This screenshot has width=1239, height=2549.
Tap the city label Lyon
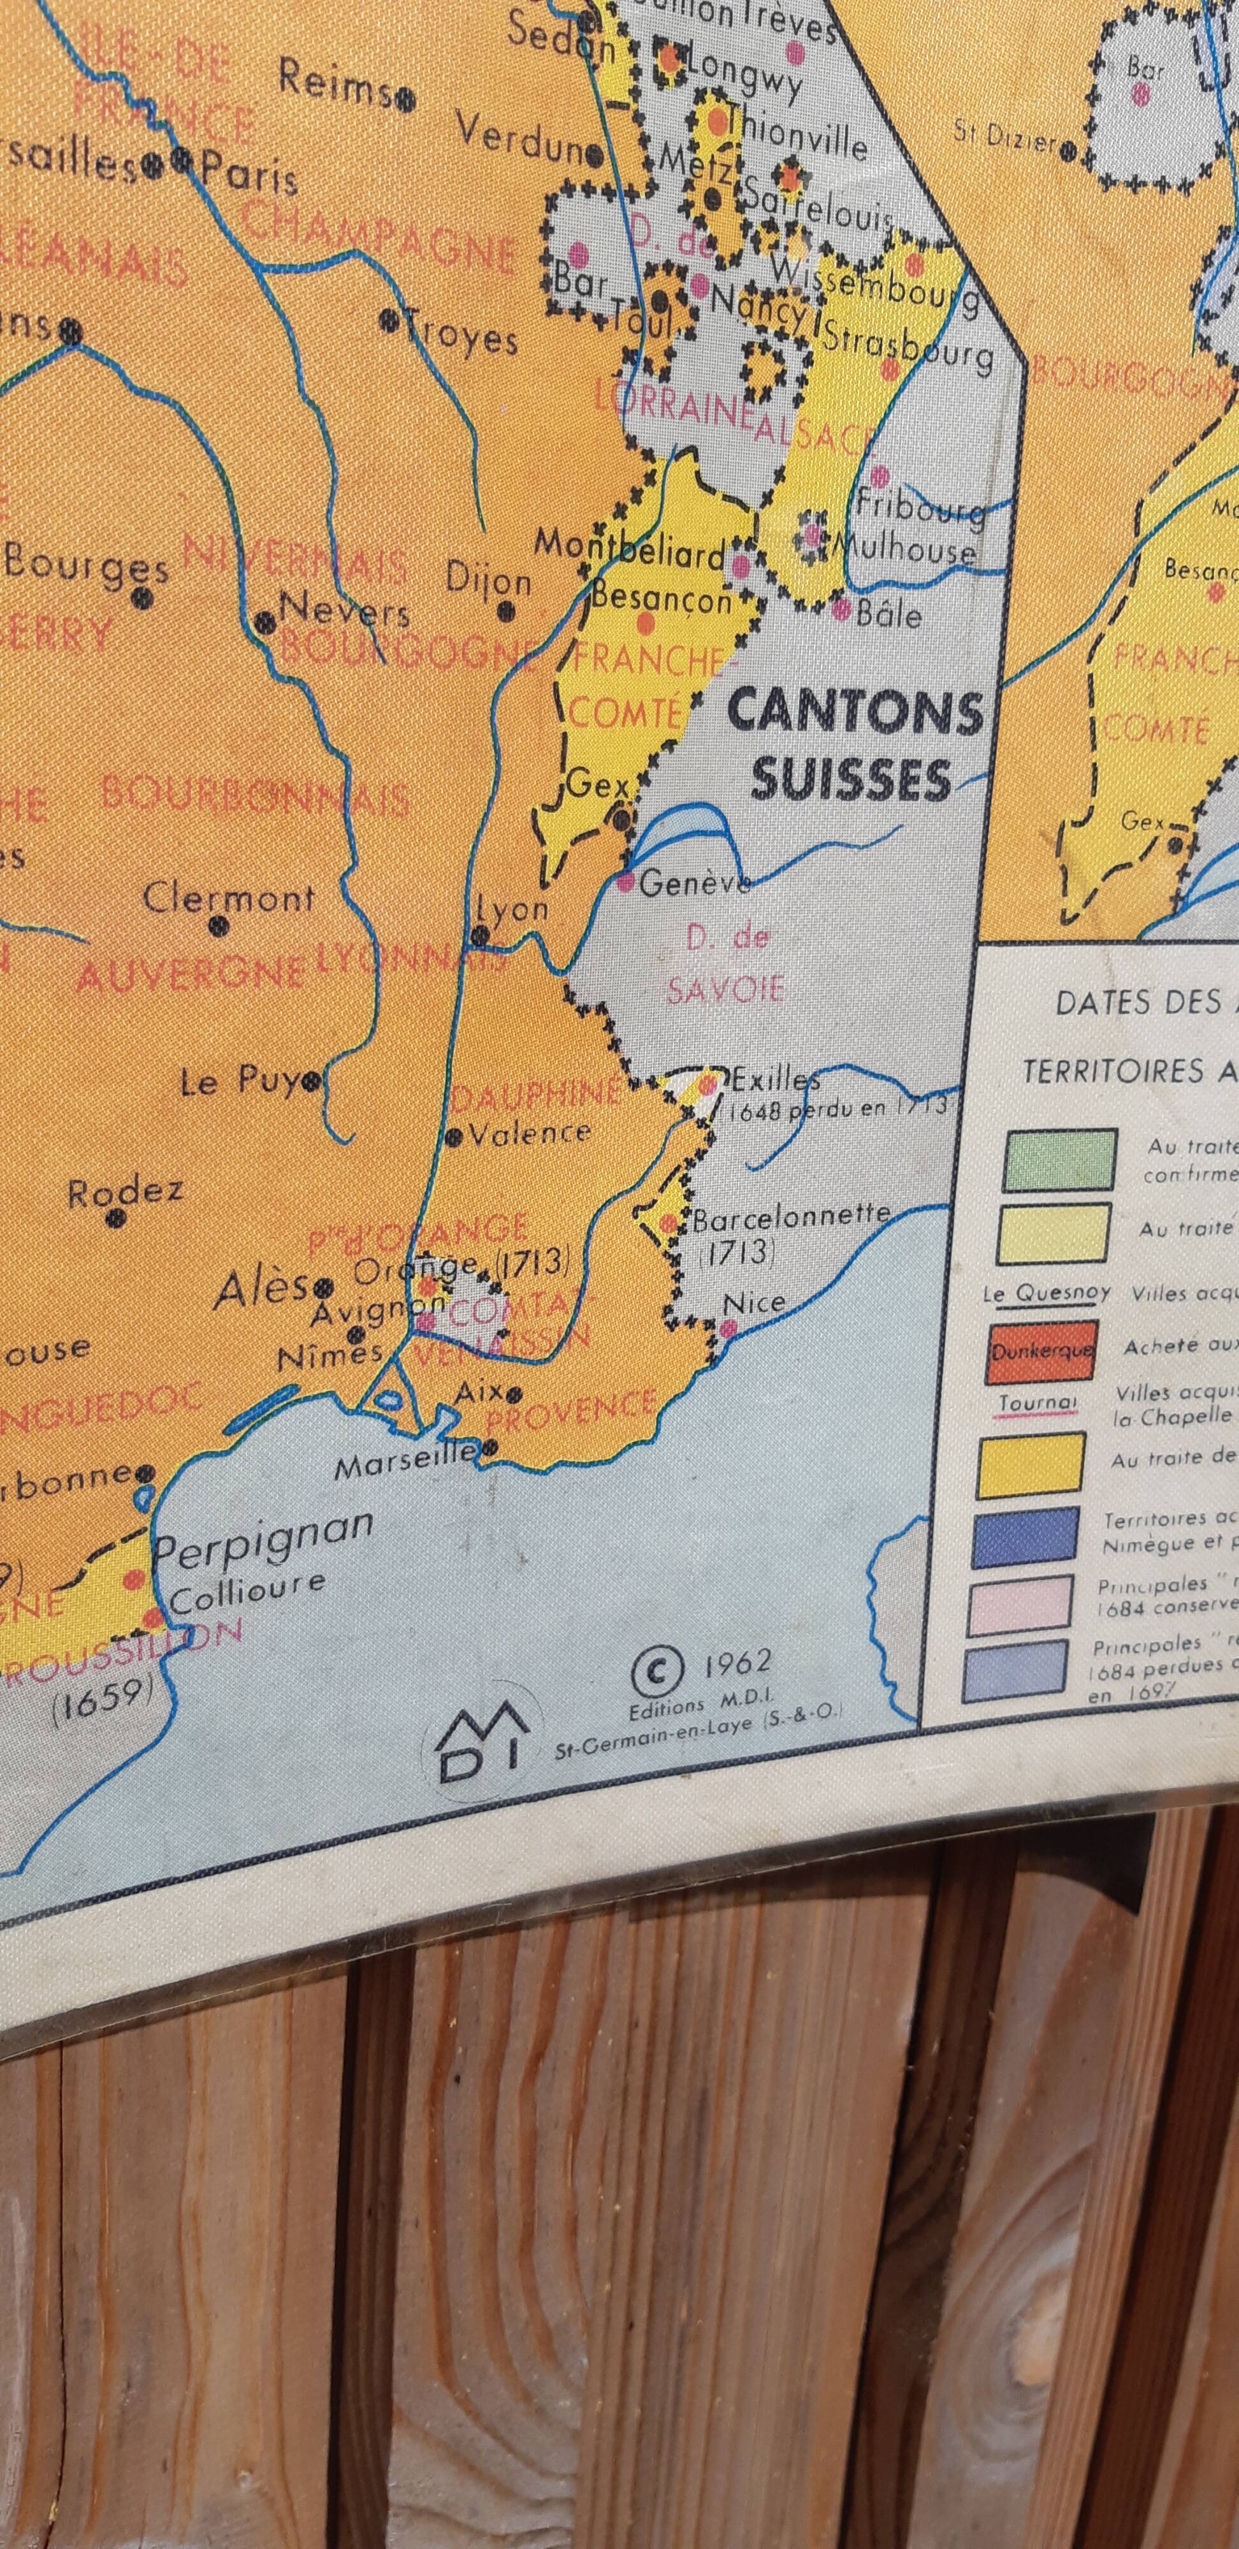[512, 908]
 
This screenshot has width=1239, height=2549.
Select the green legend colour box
[1058, 1160]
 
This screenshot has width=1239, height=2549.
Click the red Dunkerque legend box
[1039, 1351]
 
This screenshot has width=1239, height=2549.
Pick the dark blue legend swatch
[1025, 1536]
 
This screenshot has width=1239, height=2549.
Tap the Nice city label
[753, 1303]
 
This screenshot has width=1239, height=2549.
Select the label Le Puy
[242, 1083]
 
